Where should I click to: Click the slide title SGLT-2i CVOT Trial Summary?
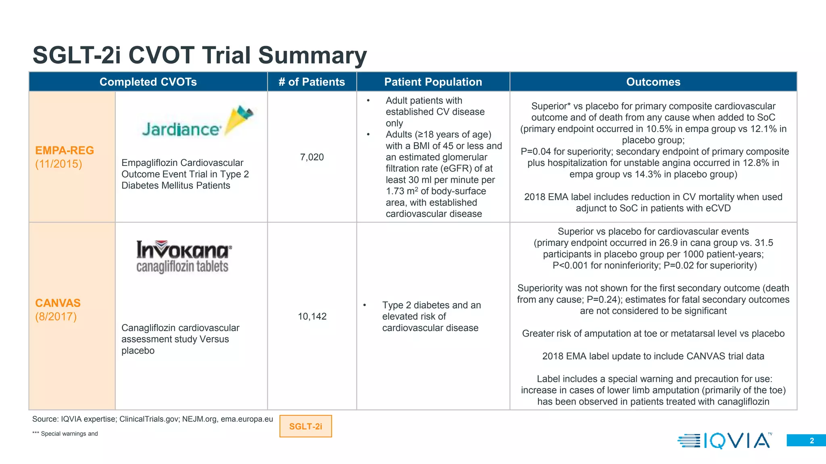[x=200, y=55]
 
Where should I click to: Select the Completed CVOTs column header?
[x=148, y=82]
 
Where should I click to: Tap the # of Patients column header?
[x=312, y=82]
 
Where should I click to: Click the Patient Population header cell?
[x=433, y=82]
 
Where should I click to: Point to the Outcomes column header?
[x=653, y=82]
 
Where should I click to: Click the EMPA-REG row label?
[x=65, y=150]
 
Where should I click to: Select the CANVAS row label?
[x=58, y=303]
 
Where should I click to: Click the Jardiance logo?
[x=198, y=123]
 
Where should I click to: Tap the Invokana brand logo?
[x=184, y=256]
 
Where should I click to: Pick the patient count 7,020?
[x=312, y=157]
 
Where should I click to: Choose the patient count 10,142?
[x=312, y=316]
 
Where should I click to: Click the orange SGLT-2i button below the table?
[x=305, y=426]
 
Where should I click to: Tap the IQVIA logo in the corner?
[x=724, y=440]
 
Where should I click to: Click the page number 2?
[x=811, y=441]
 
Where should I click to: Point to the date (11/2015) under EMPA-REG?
[x=58, y=164]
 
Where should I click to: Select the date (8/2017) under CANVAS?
[x=56, y=317]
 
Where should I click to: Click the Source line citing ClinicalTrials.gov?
[x=152, y=419]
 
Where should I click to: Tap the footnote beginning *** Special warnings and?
[x=65, y=434]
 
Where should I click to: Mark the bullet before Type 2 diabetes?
[x=364, y=305]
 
